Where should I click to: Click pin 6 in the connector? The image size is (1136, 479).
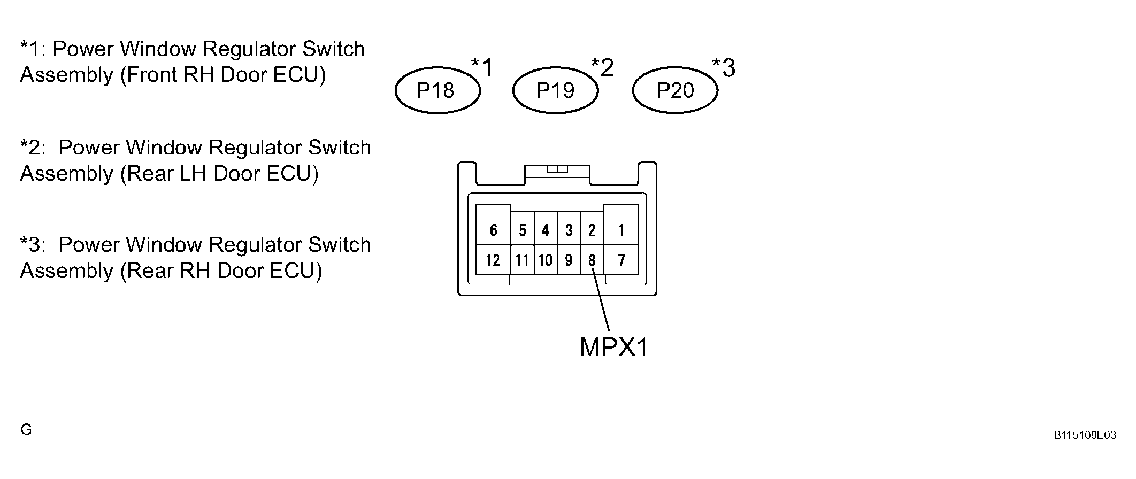click(x=493, y=226)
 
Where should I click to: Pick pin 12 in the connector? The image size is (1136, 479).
click(x=493, y=260)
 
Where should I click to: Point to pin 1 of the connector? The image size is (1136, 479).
click(x=621, y=226)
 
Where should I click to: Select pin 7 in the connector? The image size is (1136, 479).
click(x=621, y=260)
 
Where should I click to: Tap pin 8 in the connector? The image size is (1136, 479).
click(x=592, y=260)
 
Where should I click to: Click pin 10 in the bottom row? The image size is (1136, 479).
click(x=546, y=260)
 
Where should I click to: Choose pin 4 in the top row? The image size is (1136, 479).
click(x=546, y=229)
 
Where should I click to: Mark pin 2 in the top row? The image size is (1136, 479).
click(x=592, y=229)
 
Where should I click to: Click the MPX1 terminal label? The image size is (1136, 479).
click(x=614, y=347)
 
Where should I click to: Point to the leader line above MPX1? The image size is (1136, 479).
click(x=601, y=299)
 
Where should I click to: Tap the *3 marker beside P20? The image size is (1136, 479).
click(x=724, y=68)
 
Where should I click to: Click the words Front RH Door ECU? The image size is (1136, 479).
click(x=223, y=75)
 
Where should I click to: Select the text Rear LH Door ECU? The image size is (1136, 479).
click(x=219, y=174)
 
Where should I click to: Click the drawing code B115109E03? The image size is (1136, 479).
click(x=1085, y=435)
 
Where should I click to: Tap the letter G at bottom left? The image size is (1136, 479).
click(x=26, y=429)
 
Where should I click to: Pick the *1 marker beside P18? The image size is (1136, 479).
click(x=482, y=68)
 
